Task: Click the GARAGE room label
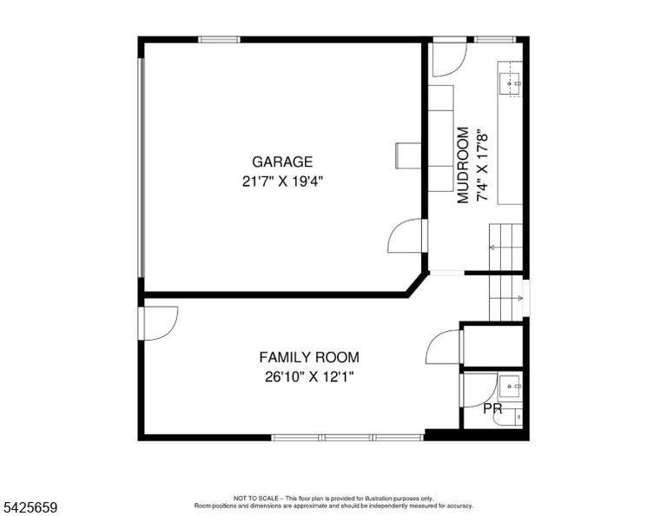point(282,162)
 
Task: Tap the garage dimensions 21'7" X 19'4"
point(283,182)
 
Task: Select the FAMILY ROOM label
point(309,357)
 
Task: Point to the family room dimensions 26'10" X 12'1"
point(309,377)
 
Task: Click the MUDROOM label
point(463,165)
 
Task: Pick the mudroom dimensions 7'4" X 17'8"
point(482,165)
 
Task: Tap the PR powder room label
point(492,409)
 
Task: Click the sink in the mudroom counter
point(510,83)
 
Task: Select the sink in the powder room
point(510,387)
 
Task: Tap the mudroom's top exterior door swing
point(449,60)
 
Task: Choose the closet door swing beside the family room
point(444,347)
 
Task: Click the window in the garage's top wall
point(219,40)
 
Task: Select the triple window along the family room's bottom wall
point(347,437)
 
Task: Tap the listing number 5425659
point(30,507)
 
